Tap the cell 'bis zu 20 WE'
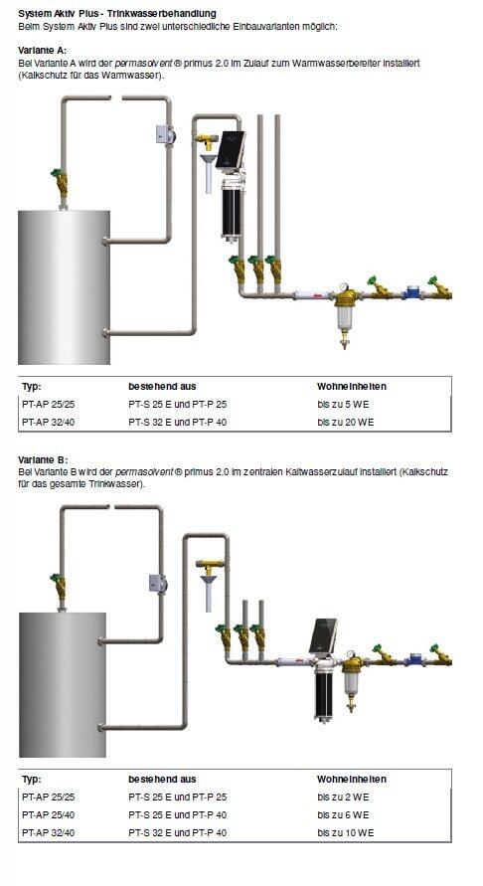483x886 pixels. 345,422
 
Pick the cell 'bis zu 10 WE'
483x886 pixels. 345,831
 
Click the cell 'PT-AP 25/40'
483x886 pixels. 48,813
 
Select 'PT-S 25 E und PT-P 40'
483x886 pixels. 178,813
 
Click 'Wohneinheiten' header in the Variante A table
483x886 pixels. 351,386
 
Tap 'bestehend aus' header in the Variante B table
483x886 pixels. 161,779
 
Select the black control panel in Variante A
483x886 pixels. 233,150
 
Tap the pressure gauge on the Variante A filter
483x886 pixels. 342,287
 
